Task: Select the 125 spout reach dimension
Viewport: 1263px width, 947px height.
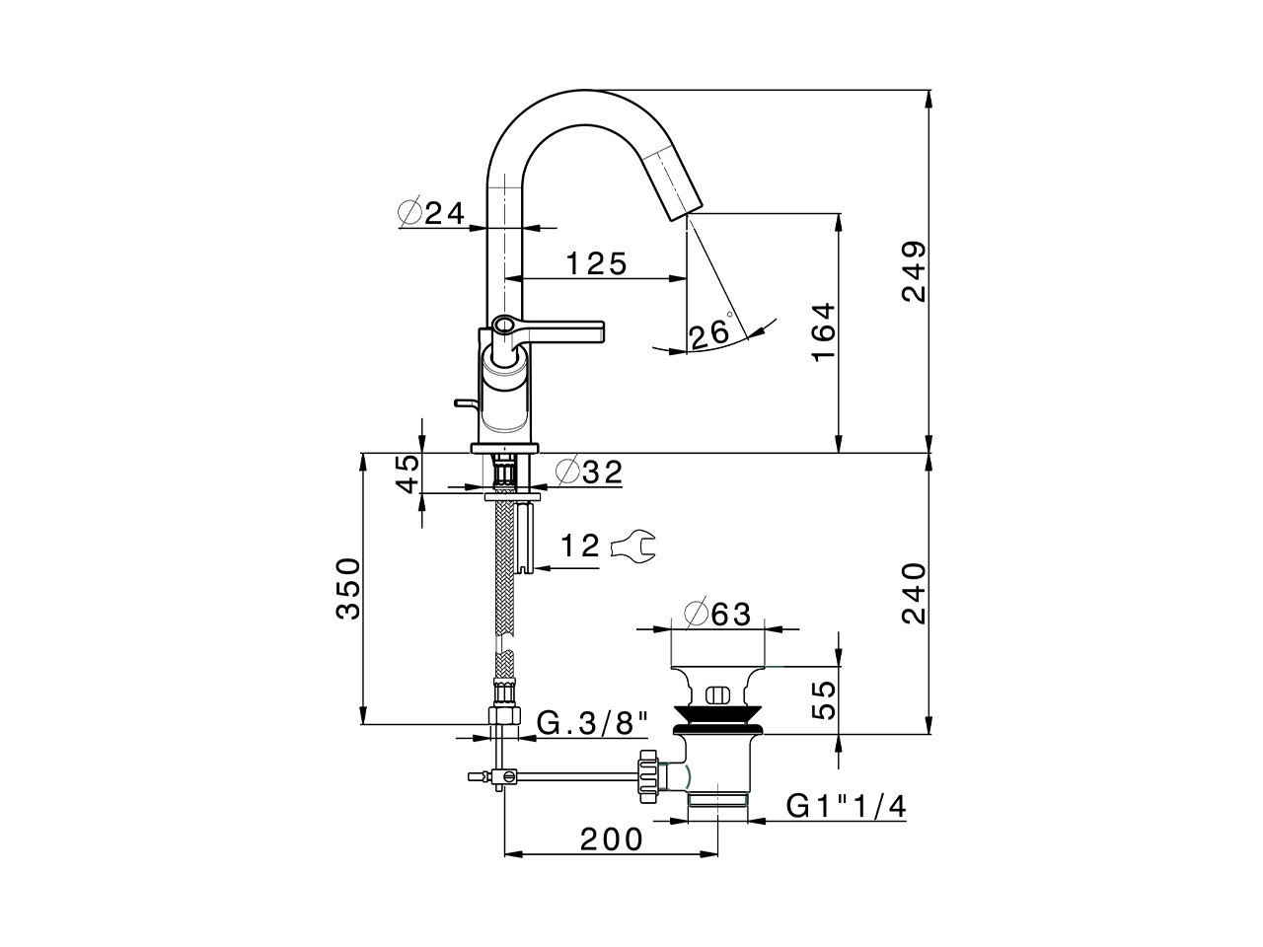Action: click(596, 263)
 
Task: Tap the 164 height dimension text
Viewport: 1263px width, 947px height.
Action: click(824, 332)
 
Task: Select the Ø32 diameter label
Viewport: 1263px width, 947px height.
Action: click(589, 472)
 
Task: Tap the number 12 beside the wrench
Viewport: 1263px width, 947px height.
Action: click(581, 546)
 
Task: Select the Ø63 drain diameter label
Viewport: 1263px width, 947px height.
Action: click(717, 614)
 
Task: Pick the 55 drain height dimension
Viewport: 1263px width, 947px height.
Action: click(824, 698)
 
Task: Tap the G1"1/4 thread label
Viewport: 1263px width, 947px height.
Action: click(846, 806)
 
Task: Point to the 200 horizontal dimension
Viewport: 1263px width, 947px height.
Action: click(611, 839)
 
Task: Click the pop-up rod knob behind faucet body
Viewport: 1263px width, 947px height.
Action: click(463, 402)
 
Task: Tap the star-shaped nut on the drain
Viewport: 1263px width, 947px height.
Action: click(647, 773)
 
